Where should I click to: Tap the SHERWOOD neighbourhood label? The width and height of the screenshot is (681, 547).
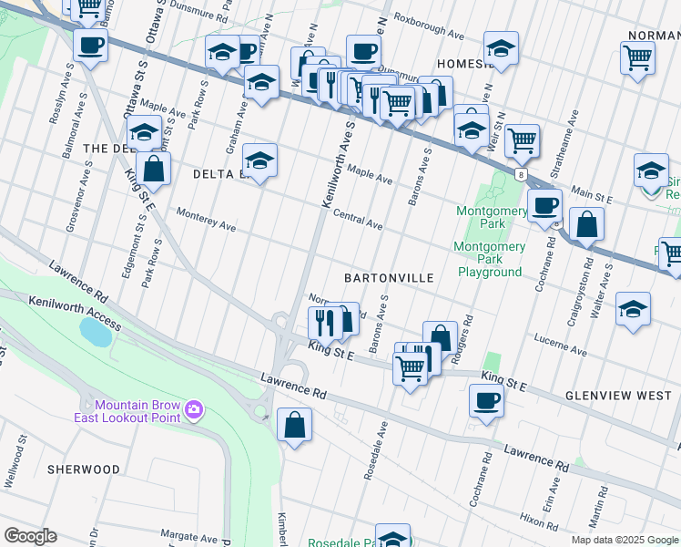[85, 469]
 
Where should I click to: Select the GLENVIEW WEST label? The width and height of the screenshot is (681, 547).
[618, 396]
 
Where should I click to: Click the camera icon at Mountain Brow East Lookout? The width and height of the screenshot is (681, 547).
[193, 411]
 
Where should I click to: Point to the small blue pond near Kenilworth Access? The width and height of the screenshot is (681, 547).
[96, 331]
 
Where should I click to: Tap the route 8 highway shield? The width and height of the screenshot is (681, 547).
[519, 173]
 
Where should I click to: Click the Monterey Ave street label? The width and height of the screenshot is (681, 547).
[207, 221]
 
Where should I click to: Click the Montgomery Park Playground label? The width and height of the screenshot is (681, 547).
[490, 260]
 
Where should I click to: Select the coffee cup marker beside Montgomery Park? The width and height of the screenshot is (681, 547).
[544, 206]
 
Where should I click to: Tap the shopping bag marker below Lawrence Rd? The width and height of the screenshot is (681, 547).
[294, 425]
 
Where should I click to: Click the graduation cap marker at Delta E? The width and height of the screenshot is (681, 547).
[259, 161]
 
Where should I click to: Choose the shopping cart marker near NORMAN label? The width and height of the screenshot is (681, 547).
[637, 58]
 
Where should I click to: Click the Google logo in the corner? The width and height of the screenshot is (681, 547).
[31, 536]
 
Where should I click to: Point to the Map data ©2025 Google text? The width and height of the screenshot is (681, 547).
[624, 540]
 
